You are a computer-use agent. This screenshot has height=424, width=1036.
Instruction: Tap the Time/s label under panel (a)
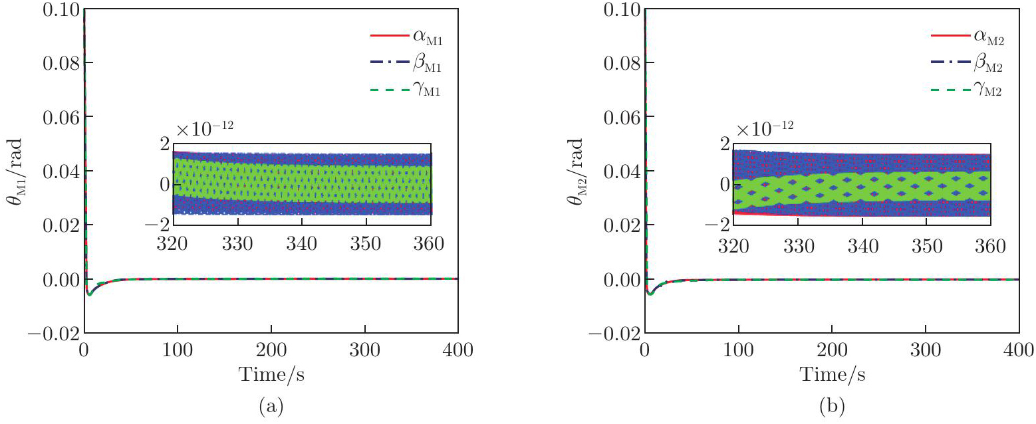coord(271,375)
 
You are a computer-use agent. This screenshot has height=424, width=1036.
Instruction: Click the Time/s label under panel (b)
coord(832,375)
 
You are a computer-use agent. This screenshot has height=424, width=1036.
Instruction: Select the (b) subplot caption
coord(832,406)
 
